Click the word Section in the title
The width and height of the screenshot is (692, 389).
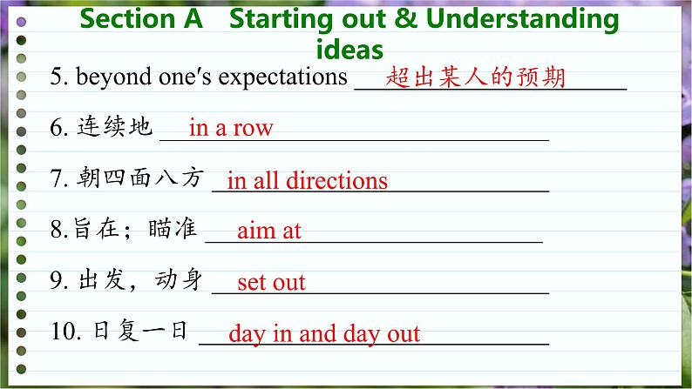pyautogui.click(x=127, y=19)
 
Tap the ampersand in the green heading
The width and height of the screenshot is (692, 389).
pyautogui.click(x=405, y=19)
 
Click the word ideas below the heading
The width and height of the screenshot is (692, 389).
pyautogui.click(x=349, y=50)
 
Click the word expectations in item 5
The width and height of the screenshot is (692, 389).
pyautogui.click(x=283, y=77)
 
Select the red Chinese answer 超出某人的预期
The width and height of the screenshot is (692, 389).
pyautogui.click(x=475, y=77)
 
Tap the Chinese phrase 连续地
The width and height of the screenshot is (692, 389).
pyautogui.click(x=115, y=126)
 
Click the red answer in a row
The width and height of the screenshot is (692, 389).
pyautogui.click(x=231, y=128)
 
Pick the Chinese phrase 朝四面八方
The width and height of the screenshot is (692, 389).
pyautogui.click(x=140, y=178)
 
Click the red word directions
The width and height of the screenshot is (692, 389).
pyautogui.click(x=336, y=180)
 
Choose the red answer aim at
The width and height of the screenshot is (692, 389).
pyautogui.click(x=269, y=231)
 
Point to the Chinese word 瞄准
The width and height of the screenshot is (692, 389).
pyautogui.click(x=173, y=228)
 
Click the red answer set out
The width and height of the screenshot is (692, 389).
pyautogui.click(x=271, y=282)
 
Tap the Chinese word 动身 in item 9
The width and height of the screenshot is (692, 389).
pyautogui.click(x=179, y=279)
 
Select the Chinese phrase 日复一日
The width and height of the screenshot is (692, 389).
pyautogui.click(x=141, y=331)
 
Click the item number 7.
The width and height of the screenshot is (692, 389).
pyautogui.click(x=59, y=178)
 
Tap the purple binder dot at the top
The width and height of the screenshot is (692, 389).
pyautogui.click(x=21, y=22)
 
